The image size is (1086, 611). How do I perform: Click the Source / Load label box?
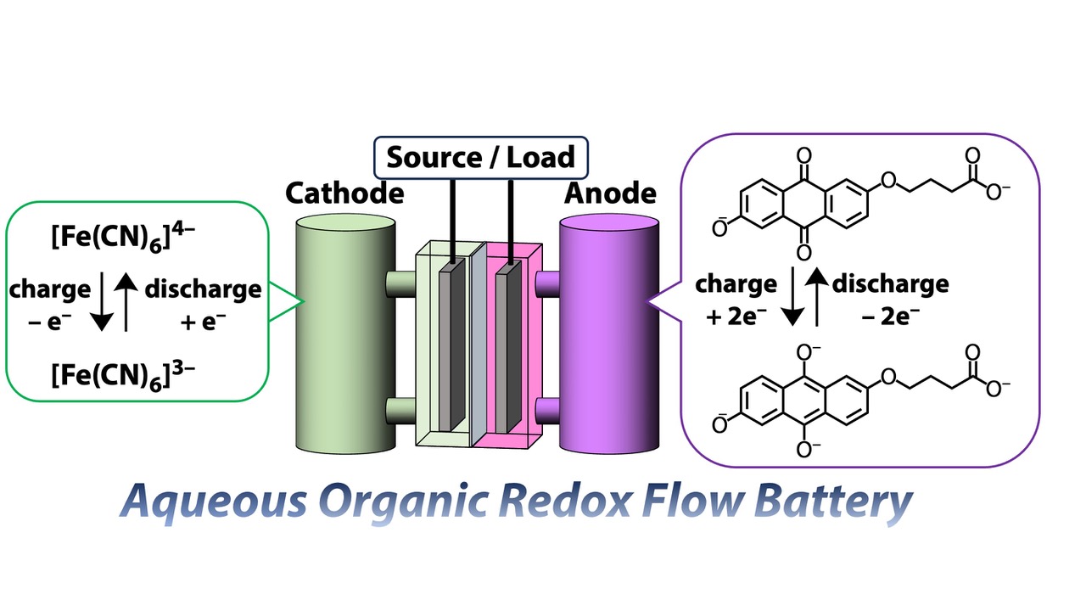480,156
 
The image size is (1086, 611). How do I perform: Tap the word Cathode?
344,193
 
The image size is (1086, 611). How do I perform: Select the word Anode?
610,193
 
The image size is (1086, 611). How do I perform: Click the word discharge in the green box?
203,289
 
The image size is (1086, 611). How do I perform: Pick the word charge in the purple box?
736,283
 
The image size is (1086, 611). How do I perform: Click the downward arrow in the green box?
102,305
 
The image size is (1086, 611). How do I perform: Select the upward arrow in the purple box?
815,297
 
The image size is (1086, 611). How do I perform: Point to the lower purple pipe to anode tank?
548,412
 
